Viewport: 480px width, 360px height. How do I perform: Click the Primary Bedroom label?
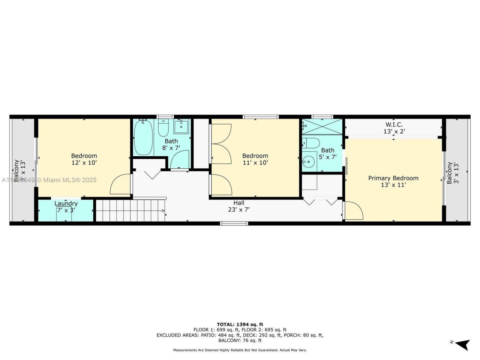pyautogui.click(x=393, y=178)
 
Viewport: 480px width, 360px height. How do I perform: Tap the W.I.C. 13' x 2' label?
pyautogui.click(x=394, y=128)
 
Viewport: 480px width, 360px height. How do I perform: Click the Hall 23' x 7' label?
pyautogui.click(x=239, y=206)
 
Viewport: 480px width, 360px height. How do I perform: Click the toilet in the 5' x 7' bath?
pyautogui.click(x=311, y=142)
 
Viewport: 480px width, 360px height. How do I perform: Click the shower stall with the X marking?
pyautogui.click(x=322, y=126)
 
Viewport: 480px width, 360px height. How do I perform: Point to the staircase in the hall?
pyautogui.click(x=130, y=211)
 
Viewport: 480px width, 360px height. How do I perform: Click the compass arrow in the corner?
pyautogui.click(x=463, y=344)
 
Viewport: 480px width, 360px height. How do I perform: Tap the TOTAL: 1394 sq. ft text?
pyautogui.click(x=240, y=324)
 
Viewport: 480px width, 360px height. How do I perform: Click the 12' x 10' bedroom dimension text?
pyautogui.click(x=84, y=163)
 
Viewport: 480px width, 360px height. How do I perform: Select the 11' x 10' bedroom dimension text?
pyautogui.click(x=255, y=163)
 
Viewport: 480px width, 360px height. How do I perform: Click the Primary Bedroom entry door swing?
pyautogui.click(x=354, y=211)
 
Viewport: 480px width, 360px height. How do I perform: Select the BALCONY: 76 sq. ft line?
pyautogui.click(x=240, y=340)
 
